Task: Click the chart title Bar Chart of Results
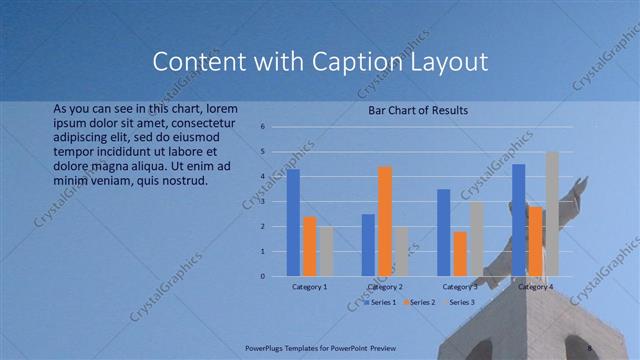[x=418, y=110]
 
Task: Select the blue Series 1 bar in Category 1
[x=293, y=222]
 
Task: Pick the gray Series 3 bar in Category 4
[x=552, y=213]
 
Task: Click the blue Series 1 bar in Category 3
[x=443, y=232]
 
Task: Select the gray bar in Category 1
[x=326, y=251]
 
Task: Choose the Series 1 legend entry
[x=380, y=302]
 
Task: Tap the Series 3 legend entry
[x=461, y=302]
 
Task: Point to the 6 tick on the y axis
[x=262, y=127]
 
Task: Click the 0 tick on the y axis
[x=262, y=276]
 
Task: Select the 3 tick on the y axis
[x=262, y=201]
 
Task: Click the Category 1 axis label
[x=309, y=287]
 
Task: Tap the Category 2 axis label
[x=385, y=287]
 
